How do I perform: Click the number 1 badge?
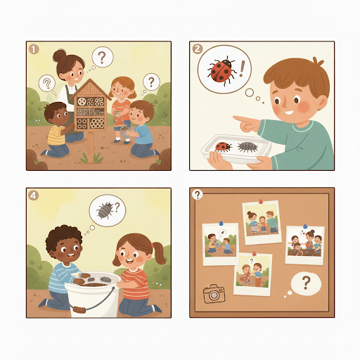(34, 49)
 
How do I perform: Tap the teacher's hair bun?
(59, 56)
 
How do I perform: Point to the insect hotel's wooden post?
(91, 147)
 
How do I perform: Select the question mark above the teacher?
(102, 58)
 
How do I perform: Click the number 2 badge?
(198, 49)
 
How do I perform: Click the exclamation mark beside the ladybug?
(242, 69)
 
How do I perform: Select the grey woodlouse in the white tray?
(247, 147)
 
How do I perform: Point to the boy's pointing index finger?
(240, 119)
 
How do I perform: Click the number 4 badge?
(33, 195)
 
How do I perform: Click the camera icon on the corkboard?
(214, 294)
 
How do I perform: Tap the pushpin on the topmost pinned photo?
(261, 202)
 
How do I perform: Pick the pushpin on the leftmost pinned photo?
(221, 224)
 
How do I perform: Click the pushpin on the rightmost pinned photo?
(304, 226)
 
